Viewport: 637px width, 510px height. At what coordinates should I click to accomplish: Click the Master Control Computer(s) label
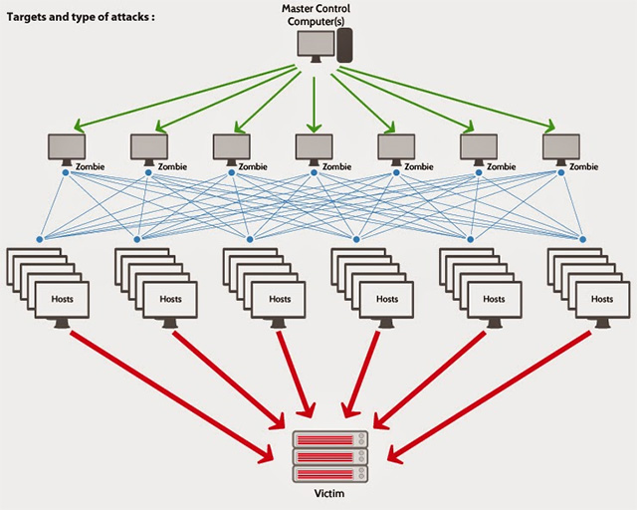coord(317,16)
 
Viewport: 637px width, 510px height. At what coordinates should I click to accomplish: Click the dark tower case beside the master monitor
coord(345,45)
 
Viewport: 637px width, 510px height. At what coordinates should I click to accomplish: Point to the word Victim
coord(329,492)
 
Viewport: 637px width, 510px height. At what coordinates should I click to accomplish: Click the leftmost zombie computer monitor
coord(66,147)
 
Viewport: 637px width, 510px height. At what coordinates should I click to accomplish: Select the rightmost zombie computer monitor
coord(561,147)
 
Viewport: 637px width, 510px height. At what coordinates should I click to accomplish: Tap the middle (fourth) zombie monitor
coord(314,147)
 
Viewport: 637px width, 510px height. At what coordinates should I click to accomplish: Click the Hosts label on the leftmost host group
coord(62,298)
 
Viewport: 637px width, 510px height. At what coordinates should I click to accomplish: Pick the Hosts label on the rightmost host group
coord(602,298)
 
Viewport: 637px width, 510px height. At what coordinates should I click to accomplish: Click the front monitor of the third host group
coord(279,299)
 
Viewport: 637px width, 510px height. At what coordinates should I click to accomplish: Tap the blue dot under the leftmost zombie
coord(66,172)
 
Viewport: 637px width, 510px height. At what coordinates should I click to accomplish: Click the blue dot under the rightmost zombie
coord(561,172)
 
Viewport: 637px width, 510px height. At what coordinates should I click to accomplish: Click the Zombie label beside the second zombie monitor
coord(170,167)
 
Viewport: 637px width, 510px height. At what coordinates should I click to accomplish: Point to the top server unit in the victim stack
coord(329,438)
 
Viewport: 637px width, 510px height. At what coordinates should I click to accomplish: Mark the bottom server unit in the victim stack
coord(329,472)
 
